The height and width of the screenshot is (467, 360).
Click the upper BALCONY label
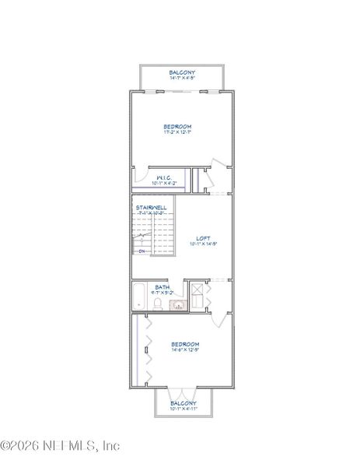tap(182, 72)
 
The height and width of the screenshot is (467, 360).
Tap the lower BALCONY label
tap(183, 403)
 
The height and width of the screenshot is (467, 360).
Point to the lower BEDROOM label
tap(185, 343)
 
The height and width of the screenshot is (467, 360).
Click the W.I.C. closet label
tap(163, 178)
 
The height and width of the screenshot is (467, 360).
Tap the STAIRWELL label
tap(148, 207)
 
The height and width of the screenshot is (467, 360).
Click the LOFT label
tap(203, 238)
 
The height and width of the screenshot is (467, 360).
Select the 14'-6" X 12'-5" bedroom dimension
tap(185, 349)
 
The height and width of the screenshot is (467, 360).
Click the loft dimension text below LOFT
tap(203, 244)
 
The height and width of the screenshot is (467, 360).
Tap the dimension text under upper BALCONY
tap(182, 78)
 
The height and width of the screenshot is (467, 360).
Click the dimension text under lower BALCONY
tap(183, 409)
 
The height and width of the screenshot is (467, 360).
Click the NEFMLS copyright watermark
tap(60, 446)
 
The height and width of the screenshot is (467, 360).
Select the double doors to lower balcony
tap(183, 392)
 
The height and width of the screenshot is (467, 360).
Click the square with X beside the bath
tap(197, 297)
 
